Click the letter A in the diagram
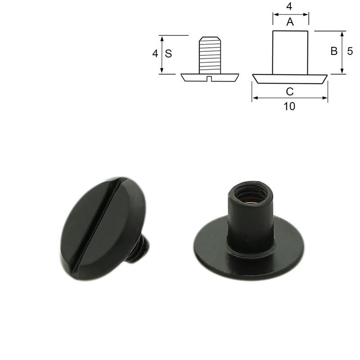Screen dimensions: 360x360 (x=290, y=22)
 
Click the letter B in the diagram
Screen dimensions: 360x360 (x=334, y=51)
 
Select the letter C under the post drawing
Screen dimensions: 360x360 (x=290, y=92)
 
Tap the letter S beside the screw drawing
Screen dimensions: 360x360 (x=168, y=54)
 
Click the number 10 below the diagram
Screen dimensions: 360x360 (x=290, y=107)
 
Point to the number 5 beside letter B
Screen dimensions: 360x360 (x=350, y=51)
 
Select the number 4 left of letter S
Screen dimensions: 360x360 (x=155, y=54)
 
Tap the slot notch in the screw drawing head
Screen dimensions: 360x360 (x=210, y=79)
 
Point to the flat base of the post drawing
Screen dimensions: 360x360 (x=290, y=79)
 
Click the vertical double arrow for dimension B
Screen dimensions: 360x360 (x=342, y=53)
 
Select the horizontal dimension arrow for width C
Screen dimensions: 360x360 (x=290, y=98)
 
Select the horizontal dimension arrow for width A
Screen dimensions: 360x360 (x=290, y=14)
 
